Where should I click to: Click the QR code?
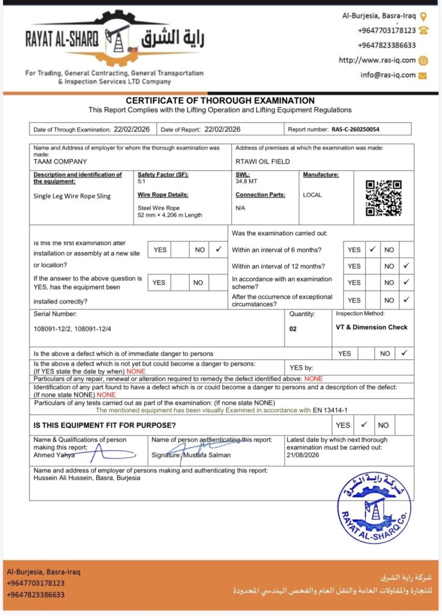pos(384,197)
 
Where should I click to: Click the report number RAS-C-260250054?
pos(355,129)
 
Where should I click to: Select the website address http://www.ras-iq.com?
pos(377,60)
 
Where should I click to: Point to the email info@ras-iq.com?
pos(388,75)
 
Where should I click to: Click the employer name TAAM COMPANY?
pos(60,161)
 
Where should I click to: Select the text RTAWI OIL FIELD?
pos(263,161)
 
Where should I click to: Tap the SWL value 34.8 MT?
pos(246,181)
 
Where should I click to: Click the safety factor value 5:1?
pos(142,181)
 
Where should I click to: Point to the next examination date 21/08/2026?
pos(303,455)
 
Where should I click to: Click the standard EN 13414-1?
pos(331,410)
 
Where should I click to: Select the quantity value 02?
pos(293,329)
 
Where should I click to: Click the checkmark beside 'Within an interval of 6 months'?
pos(372,250)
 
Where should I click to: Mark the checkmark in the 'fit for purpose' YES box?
pos(363,425)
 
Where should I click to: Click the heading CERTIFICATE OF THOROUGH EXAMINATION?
pos(220,100)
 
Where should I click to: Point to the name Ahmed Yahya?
pos(54,455)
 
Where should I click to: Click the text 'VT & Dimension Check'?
pos(372,327)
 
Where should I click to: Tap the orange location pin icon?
pos(423,16)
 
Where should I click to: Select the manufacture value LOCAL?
pos(313,195)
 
